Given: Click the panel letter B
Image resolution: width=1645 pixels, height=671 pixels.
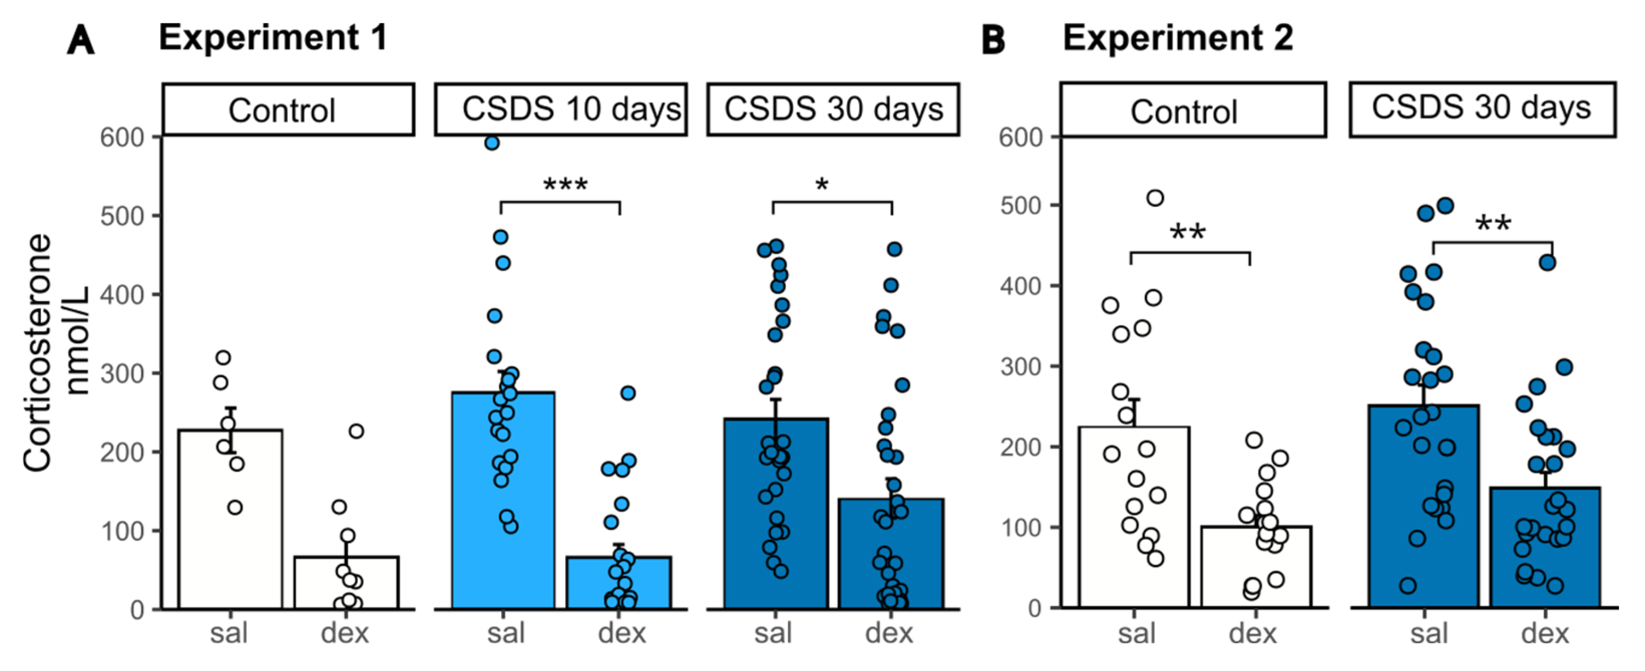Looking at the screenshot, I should point(992,39).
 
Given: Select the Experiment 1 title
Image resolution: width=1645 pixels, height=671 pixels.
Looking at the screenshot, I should point(273,37).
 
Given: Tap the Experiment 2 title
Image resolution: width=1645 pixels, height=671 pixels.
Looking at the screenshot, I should point(1178,38).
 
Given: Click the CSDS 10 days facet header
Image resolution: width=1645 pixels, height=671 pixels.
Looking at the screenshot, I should point(561,109).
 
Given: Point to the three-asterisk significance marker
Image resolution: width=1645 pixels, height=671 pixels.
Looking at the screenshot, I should point(565,186).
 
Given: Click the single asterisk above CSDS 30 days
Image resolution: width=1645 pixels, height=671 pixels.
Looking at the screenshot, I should point(822,186).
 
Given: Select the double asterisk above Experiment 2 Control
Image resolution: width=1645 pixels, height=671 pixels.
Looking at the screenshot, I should point(1188,232).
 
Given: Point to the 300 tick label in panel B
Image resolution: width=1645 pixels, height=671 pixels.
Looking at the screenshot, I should point(1022,367).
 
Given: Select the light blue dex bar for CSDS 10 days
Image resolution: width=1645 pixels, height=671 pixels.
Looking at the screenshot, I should point(618,581).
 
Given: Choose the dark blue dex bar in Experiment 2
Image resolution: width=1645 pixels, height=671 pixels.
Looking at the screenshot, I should point(1545,546).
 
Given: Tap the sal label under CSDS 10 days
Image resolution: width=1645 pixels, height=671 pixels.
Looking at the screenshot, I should point(506,633).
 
